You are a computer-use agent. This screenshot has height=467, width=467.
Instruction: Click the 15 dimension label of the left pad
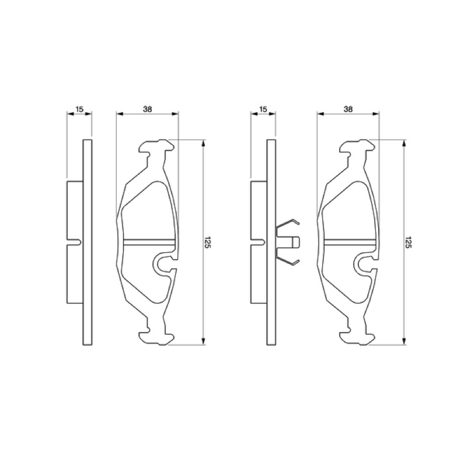[x=79, y=109]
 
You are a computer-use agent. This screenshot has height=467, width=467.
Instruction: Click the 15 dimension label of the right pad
[x=263, y=109]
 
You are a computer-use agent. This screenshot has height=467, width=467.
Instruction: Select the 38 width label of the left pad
[x=148, y=109]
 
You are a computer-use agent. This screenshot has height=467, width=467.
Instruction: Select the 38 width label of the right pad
[x=348, y=109]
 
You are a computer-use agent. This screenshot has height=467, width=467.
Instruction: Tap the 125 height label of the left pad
[x=208, y=243]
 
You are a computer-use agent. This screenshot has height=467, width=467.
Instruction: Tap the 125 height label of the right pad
[x=408, y=243]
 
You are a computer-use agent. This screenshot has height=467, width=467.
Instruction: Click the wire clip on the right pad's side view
[x=287, y=242]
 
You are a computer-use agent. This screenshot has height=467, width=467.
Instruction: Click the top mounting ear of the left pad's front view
[x=156, y=147]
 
